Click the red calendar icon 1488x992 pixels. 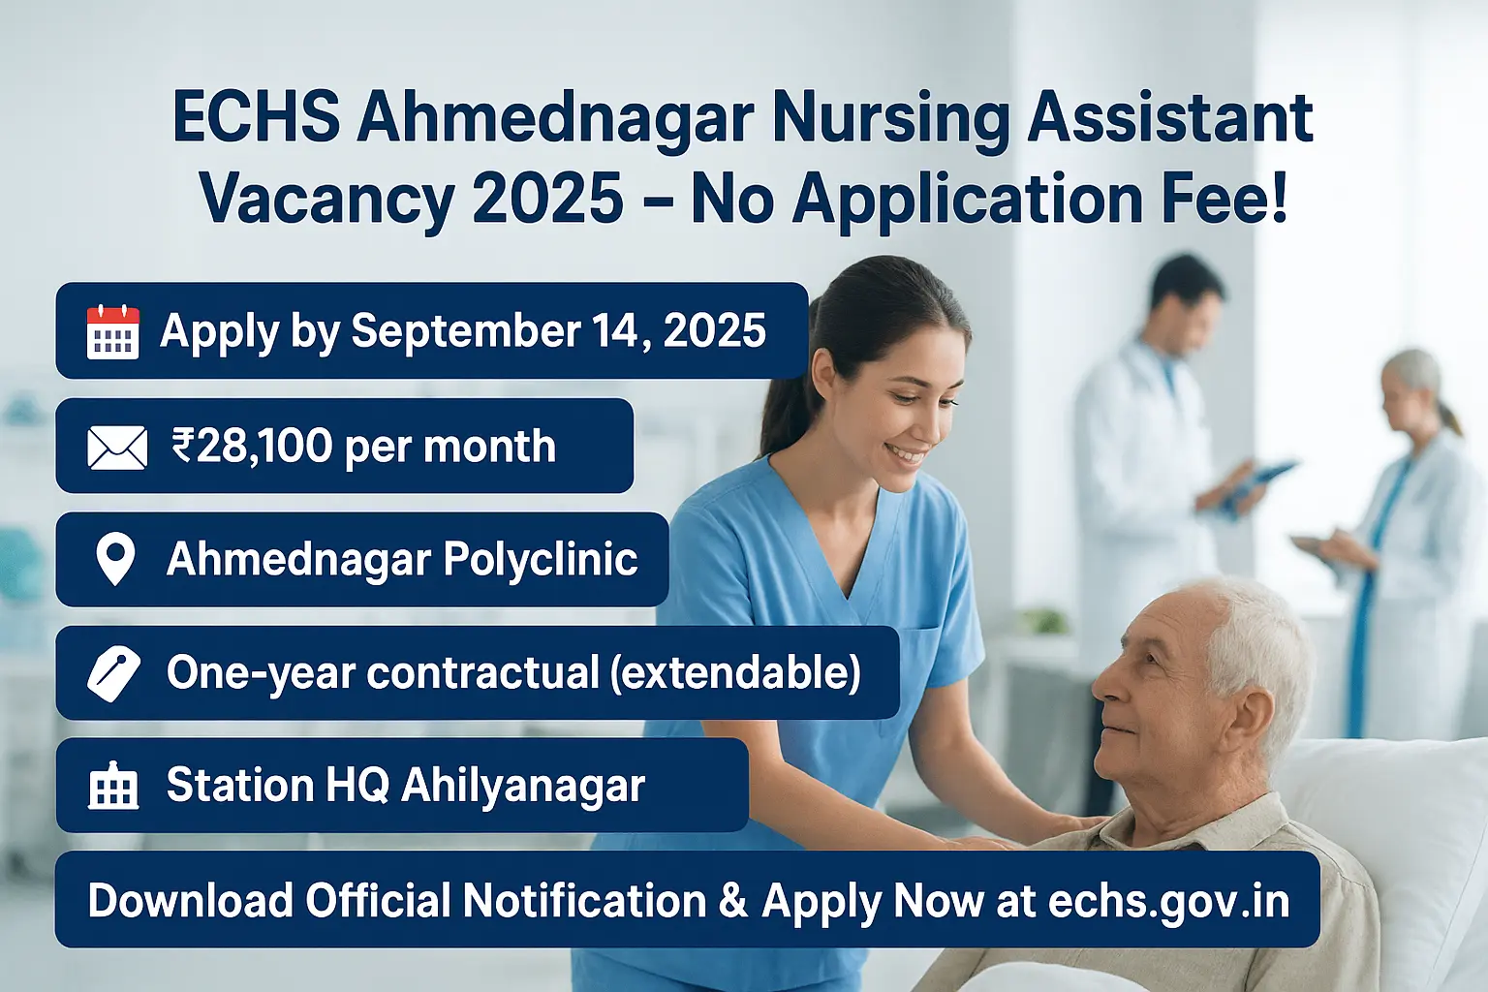[112, 332]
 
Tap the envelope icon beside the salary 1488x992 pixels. [117, 448]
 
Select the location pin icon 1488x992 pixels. [116, 560]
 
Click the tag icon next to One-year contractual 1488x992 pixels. [114, 673]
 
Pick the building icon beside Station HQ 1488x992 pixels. [113, 786]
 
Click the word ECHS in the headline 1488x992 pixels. [256, 118]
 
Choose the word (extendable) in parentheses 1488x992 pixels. [735, 672]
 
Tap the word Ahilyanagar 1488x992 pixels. [522, 786]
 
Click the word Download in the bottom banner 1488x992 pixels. [190, 901]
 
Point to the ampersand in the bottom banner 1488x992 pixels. [733, 902]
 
